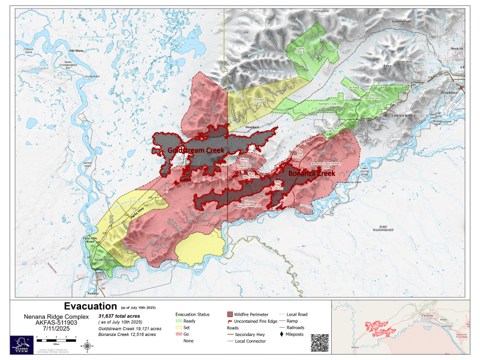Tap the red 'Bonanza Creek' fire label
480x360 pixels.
pyautogui.click(x=311, y=173)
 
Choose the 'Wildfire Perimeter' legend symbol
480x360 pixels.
pyautogui.click(x=231, y=314)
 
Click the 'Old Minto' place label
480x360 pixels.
pyautogui.click(x=77, y=51)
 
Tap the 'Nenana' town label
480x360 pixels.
pyautogui.click(x=92, y=293)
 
